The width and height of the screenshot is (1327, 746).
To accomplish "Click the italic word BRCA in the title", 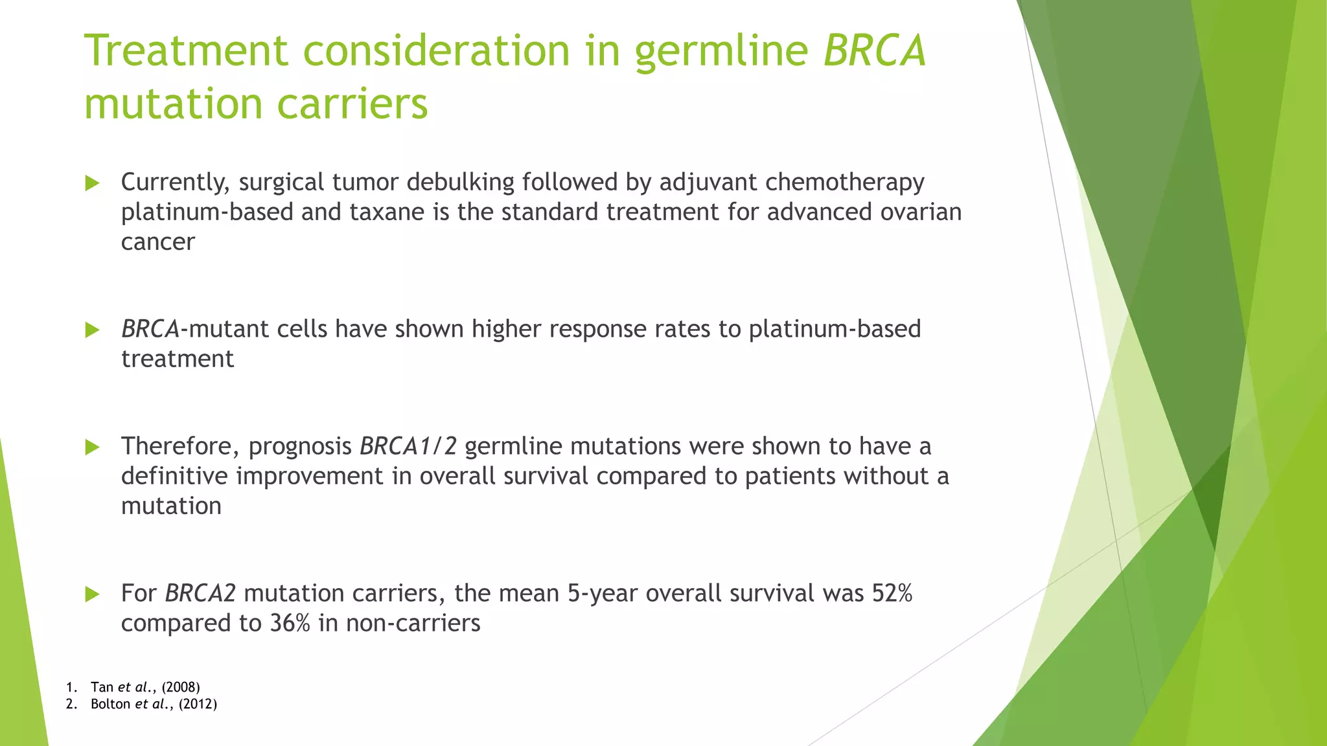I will (875, 51).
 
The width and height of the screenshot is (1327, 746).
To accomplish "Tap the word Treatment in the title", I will (186, 51).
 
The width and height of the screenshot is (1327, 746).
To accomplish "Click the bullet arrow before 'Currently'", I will (92, 183).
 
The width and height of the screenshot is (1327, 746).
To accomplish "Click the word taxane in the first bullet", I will (387, 212).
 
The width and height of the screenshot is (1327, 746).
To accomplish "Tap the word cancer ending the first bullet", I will (157, 242).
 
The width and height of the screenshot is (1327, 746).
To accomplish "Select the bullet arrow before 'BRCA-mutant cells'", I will (92, 330).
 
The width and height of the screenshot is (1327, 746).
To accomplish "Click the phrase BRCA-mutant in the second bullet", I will (195, 329).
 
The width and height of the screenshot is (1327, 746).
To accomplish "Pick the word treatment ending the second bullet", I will (177, 359).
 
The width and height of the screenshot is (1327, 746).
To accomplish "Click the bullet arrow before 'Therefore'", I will (92, 447).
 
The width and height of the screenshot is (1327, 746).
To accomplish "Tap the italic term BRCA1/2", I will (408, 446).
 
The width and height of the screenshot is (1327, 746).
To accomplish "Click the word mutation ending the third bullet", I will (171, 506).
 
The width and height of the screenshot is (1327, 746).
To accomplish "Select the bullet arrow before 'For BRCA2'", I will (92, 594).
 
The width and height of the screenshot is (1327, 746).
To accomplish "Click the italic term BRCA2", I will (200, 593).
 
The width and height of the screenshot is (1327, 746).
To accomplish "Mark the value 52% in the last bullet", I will (892, 593).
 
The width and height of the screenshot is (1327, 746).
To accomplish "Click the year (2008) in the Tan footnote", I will (181, 687).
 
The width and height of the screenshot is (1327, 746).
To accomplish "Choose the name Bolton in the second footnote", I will (110, 704).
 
